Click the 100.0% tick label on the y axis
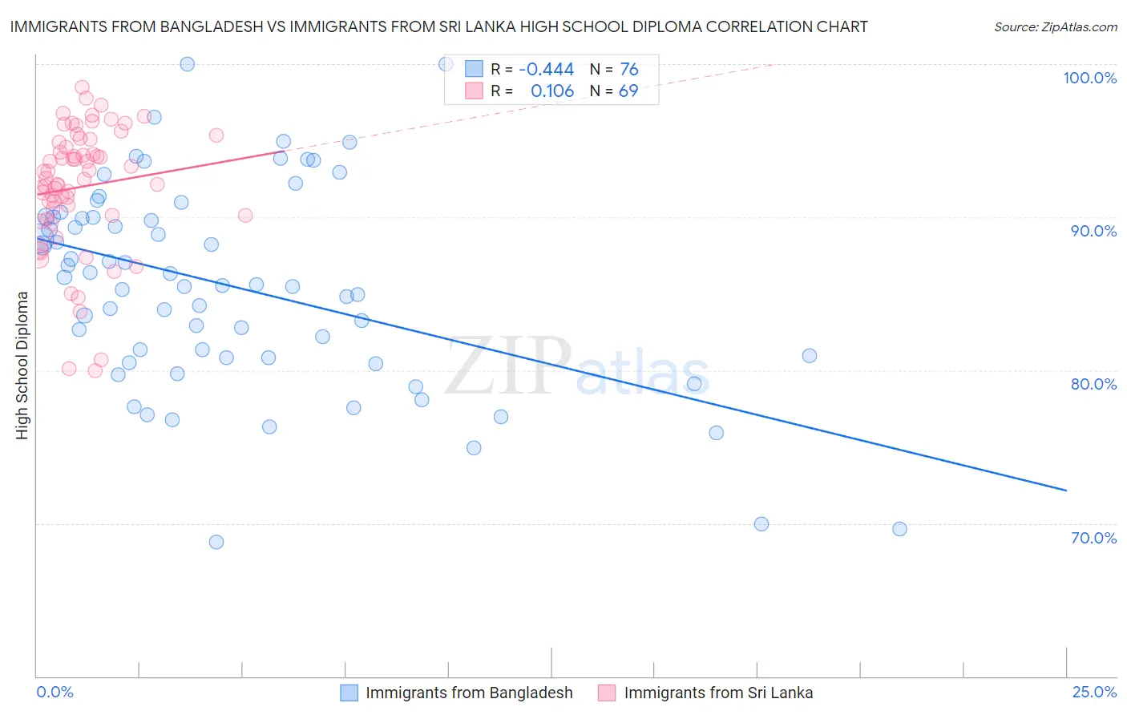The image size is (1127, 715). tap(1089, 78)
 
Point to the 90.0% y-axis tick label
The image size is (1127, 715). tap(1093, 231)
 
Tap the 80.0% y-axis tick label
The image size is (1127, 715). tap(1093, 384)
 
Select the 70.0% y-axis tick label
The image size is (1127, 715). tap(1093, 538)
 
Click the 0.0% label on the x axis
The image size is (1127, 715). tap(55, 692)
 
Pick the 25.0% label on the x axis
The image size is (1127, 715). tap(1094, 692)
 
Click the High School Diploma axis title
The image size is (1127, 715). tap(22, 365)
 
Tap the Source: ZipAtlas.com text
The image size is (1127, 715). tap(1055, 26)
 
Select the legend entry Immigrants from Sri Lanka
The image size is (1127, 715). tap(717, 693)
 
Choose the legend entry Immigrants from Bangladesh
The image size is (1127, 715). tap(469, 693)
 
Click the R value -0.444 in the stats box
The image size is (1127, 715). tap(546, 69)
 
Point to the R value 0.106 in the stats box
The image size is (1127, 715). tap(552, 91)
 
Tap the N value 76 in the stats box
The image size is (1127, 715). tap(628, 69)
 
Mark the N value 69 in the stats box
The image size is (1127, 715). tap(628, 91)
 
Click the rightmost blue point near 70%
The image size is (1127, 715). tap(899, 529)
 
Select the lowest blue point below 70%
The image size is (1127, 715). tap(216, 542)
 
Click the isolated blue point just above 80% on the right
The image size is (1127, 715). tap(810, 356)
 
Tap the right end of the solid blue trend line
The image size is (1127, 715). tap(1066, 490)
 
